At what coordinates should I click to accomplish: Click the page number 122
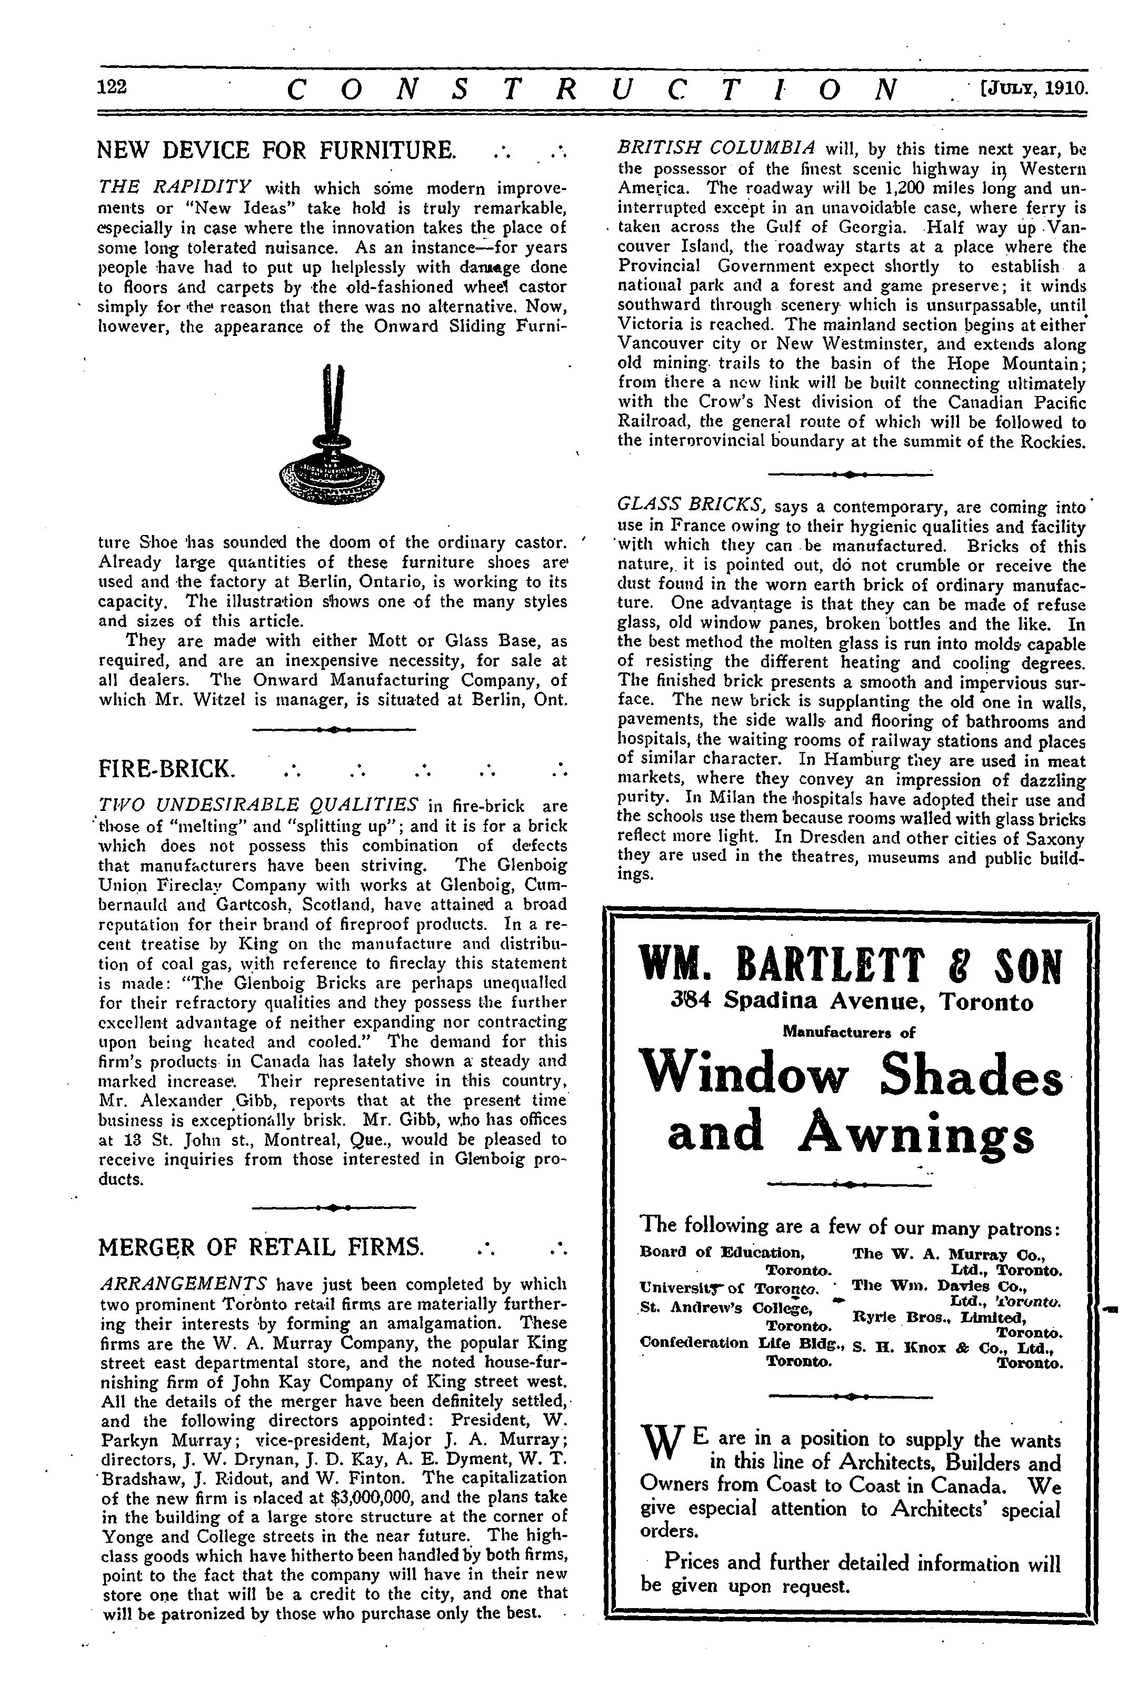(112, 87)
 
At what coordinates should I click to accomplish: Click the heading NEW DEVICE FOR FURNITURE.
(277, 150)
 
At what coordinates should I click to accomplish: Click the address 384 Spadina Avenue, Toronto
(852, 1002)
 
